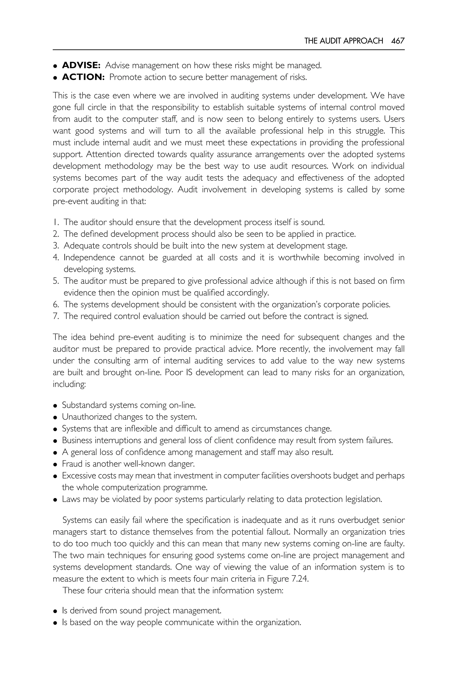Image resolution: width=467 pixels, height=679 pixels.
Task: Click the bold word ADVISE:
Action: point(81,65)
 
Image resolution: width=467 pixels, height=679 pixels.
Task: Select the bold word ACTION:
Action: point(83,77)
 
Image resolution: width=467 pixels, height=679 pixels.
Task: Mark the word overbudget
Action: point(360,520)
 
